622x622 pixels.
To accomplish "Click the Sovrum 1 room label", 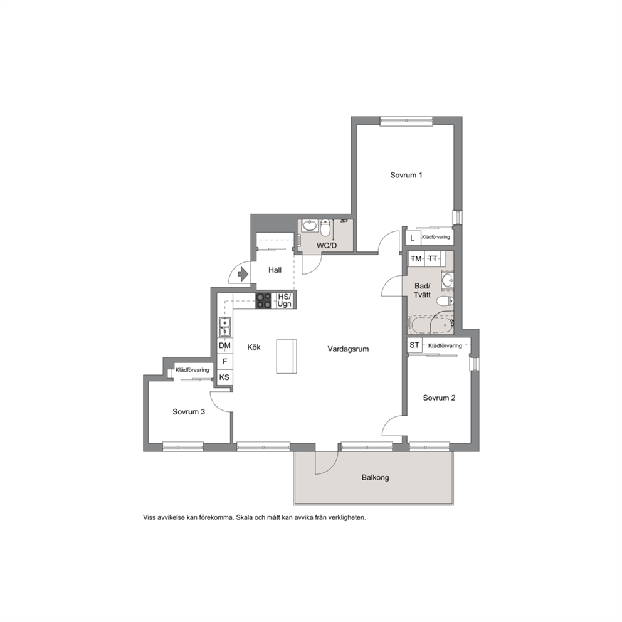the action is [406, 175].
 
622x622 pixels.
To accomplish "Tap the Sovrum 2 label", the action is [439, 398].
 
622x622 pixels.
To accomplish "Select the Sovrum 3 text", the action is [189, 412].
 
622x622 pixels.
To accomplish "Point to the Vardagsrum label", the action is [348, 349].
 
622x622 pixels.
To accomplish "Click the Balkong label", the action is [375, 478].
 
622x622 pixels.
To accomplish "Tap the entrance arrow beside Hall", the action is [243, 274].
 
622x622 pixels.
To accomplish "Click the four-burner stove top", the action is [264, 301].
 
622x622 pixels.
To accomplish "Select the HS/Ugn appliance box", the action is [285, 301].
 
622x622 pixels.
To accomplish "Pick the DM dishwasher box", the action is [225, 345].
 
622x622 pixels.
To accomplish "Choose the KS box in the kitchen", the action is [224, 377].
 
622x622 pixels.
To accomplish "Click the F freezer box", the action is [225, 361].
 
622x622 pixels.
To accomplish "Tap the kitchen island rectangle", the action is [287, 356].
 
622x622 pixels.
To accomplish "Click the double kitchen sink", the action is [225, 327].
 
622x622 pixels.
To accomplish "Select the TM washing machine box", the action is [416, 259].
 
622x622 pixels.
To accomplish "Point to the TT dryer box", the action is [433, 259].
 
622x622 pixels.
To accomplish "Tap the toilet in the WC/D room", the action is [325, 228].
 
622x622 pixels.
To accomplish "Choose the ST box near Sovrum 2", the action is [414, 345].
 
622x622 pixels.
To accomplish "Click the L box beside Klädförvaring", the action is [413, 238].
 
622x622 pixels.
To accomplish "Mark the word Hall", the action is [275, 270].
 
